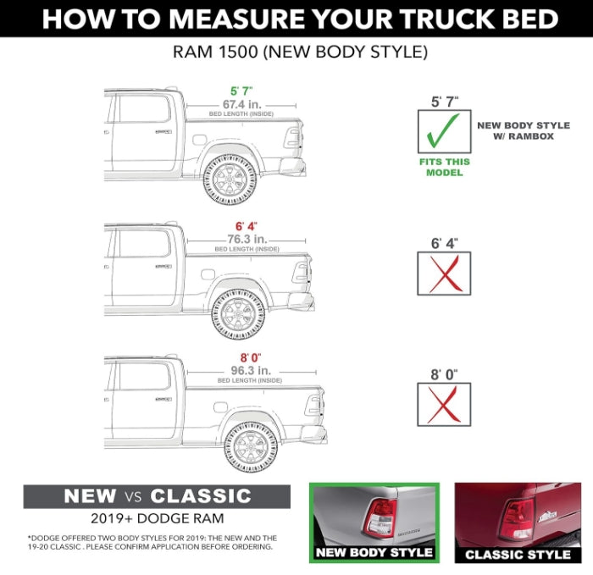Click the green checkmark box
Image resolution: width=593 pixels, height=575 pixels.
pyautogui.click(x=444, y=132)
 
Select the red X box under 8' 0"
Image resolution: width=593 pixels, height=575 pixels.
pyautogui.click(x=444, y=403)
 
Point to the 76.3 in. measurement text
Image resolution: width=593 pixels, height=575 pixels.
pyautogui.click(x=247, y=239)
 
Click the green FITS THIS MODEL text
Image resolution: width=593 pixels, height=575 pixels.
pyautogui.click(x=444, y=167)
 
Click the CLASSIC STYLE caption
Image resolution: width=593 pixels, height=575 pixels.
pyautogui.click(x=518, y=555)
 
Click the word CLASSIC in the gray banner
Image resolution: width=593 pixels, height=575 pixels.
pyautogui.click(x=201, y=496)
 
